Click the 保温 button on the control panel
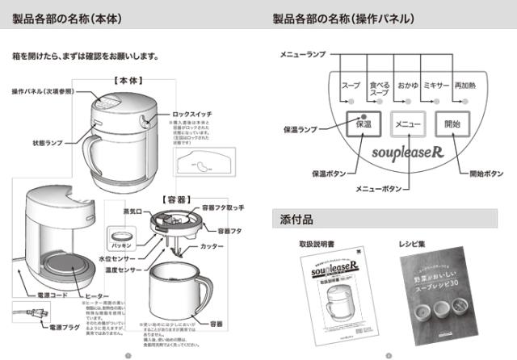coord(363,125)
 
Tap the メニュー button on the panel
coord(407,125)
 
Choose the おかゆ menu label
coord(407,85)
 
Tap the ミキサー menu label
coord(436,85)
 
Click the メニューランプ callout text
coord(303,53)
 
